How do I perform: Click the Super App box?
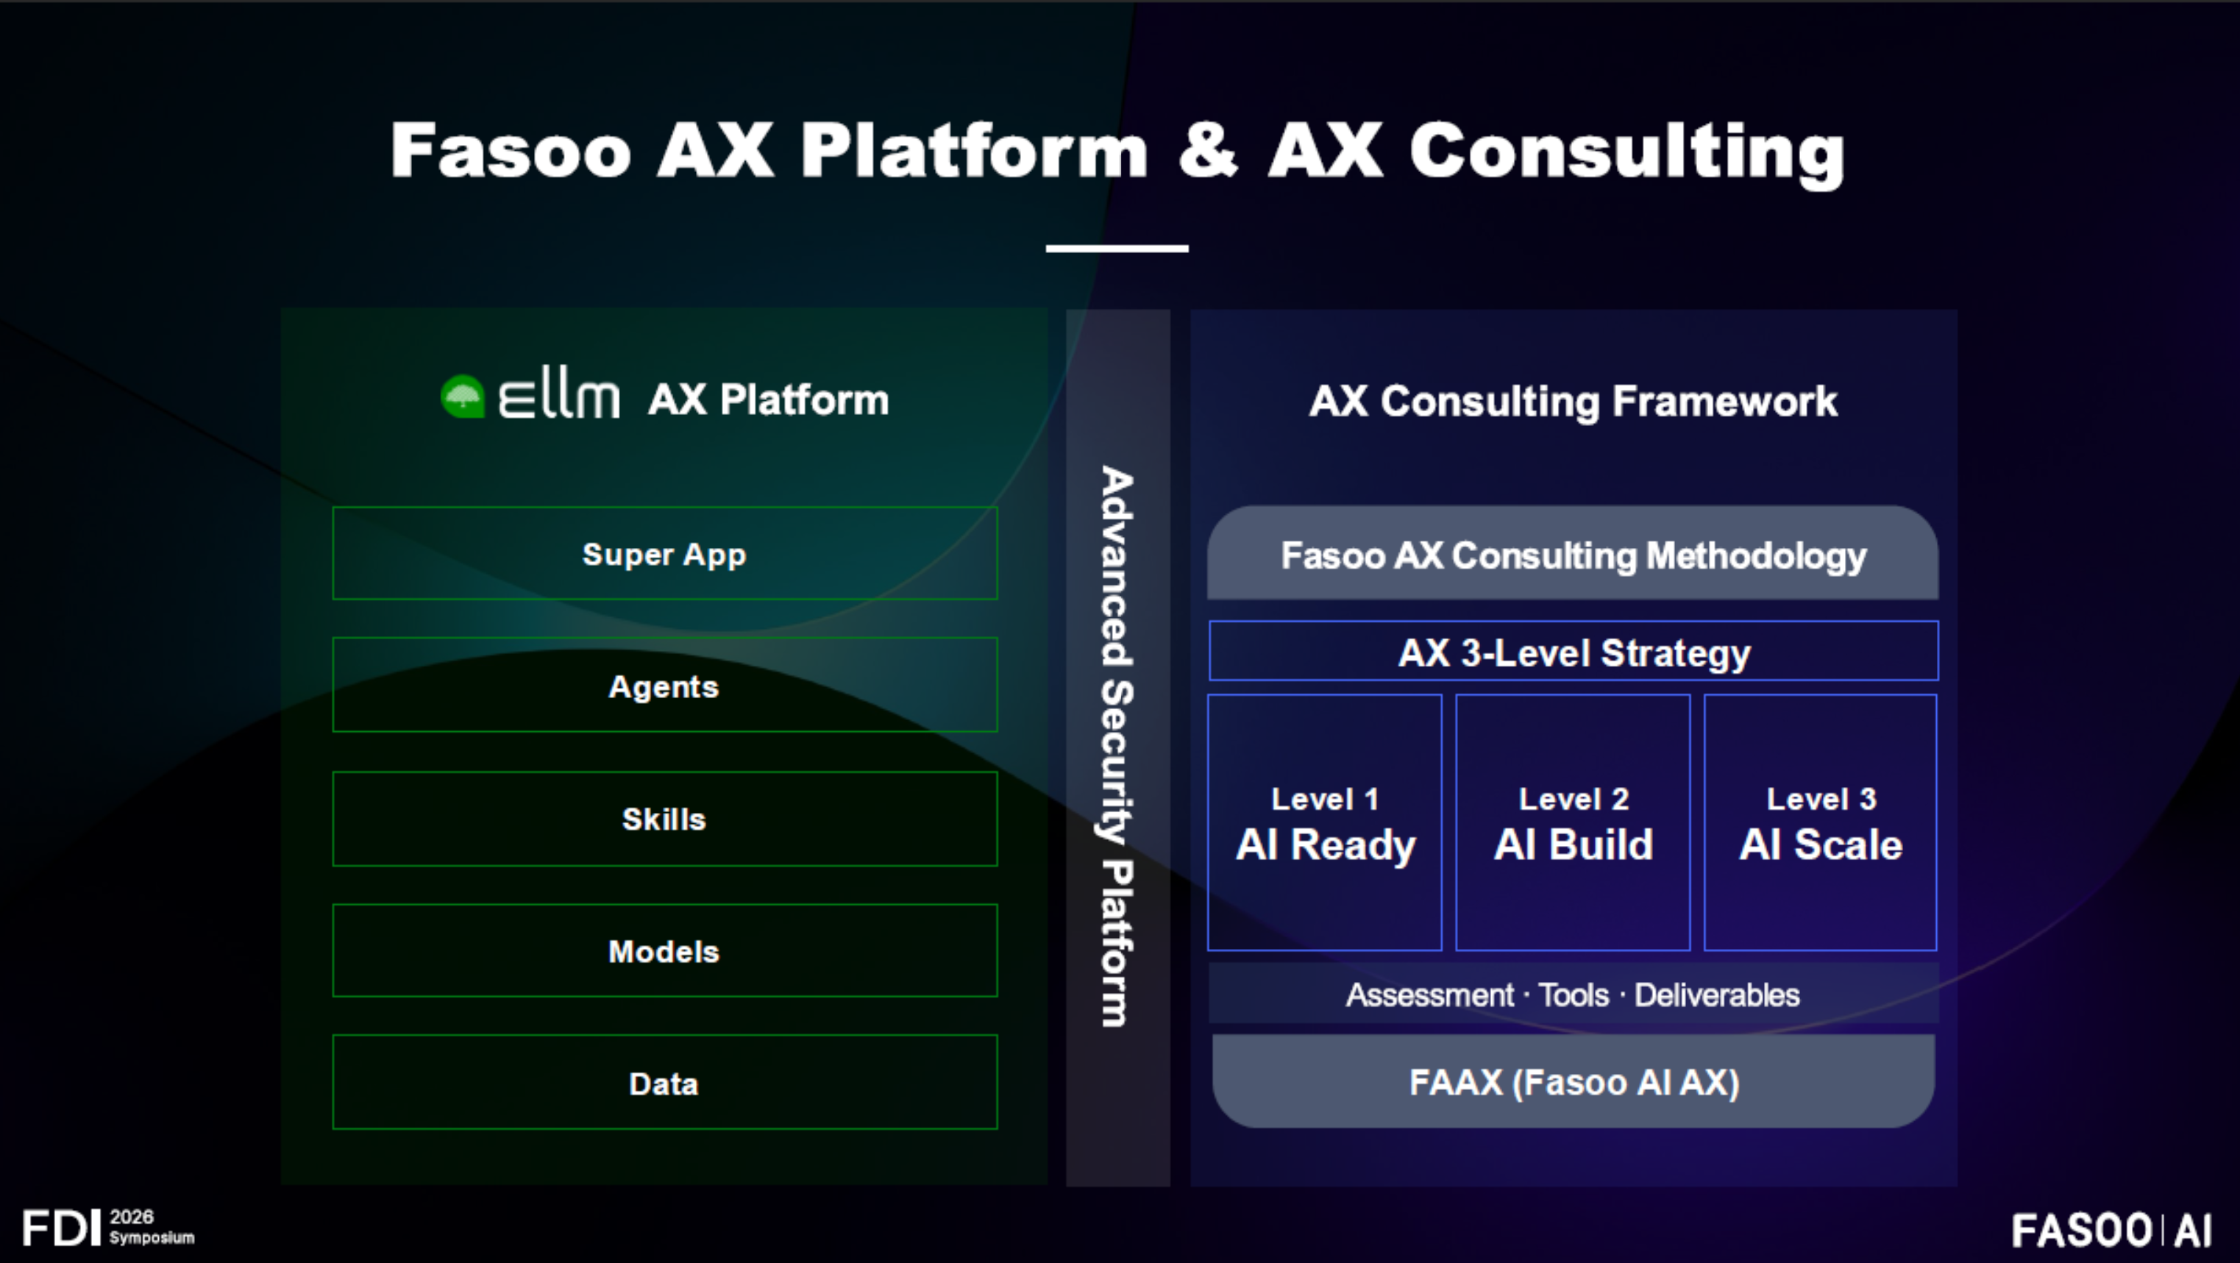(664, 554)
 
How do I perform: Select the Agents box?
(664, 686)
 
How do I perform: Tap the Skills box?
(664, 819)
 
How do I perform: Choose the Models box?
(664, 951)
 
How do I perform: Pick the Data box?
(664, 1083)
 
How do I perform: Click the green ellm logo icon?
(463, 397)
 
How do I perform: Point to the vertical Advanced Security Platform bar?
(1117, 747)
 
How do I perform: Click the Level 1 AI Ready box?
(1324, 822)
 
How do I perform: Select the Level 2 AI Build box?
(1573, 822)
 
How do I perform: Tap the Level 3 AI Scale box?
(1820, 822)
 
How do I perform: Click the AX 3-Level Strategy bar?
(1573, 652)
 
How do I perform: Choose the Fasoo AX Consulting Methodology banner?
(1573, 555)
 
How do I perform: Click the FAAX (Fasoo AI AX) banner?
(1573, 1081)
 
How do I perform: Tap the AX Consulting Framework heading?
(1573, 401)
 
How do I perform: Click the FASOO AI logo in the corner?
(2111, 1230)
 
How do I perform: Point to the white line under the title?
(1117, 249)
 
